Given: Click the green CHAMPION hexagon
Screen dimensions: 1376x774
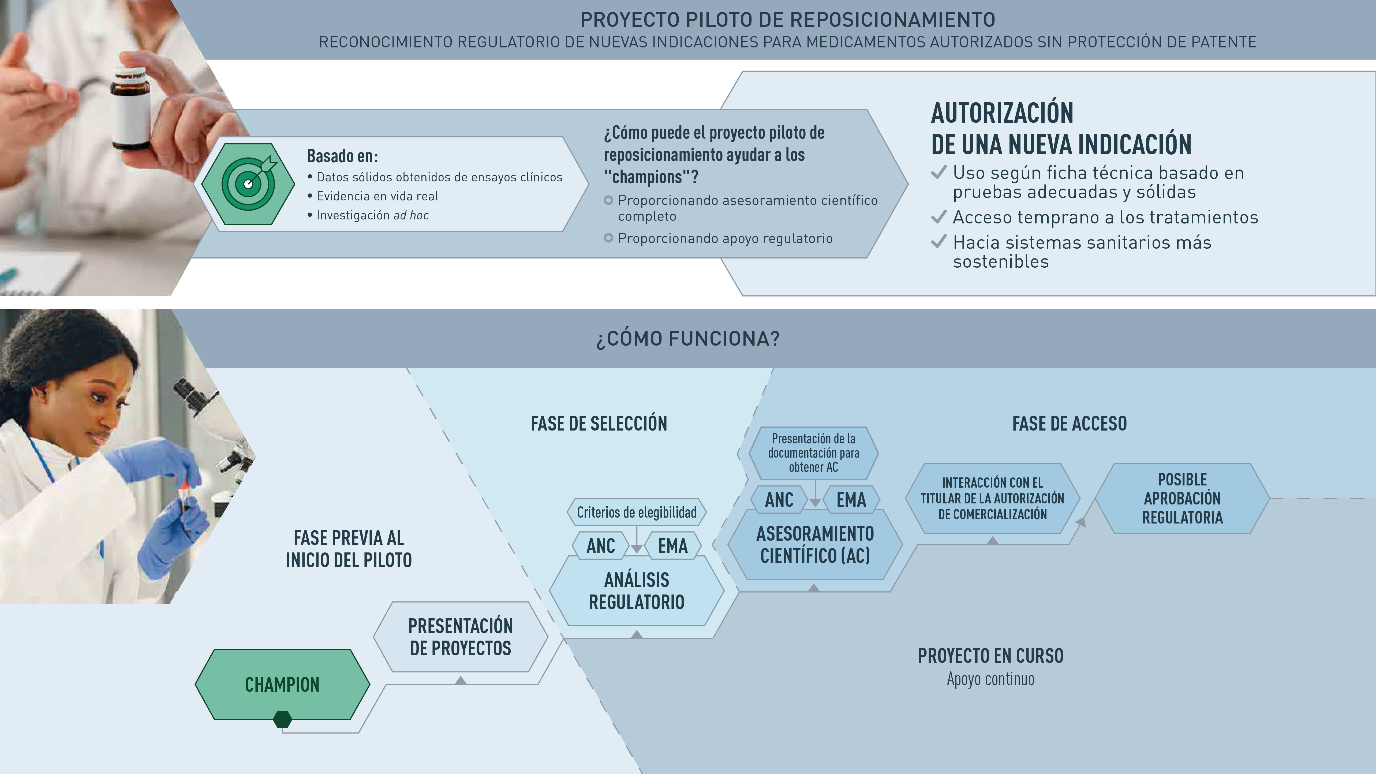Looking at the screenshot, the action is point(282,684).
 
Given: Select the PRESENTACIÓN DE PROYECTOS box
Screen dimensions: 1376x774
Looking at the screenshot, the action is point(461,637).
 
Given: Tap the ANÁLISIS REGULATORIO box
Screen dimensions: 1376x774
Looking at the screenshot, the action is point(637,591).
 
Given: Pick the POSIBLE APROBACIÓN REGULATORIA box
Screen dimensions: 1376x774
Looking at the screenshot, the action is point(1182,498).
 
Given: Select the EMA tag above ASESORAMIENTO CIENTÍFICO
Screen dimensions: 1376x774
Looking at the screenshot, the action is point(851,499).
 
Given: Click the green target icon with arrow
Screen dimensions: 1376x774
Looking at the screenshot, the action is point(248,184).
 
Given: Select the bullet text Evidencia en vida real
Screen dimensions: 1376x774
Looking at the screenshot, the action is point(377,196).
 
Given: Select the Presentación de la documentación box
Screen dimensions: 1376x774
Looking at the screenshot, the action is point(814,453).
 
